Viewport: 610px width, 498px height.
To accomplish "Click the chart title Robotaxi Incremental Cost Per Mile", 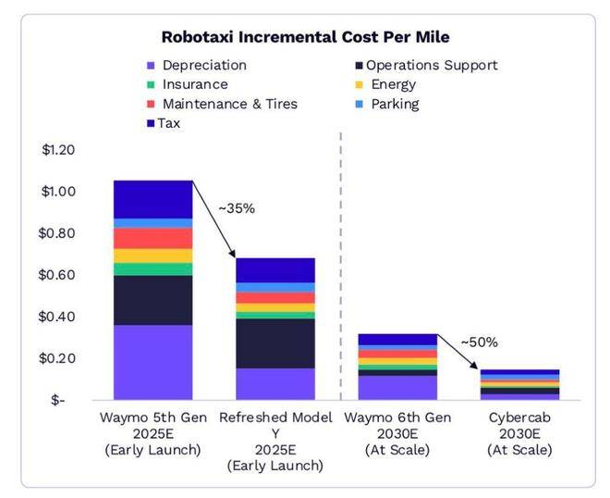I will point(305,38).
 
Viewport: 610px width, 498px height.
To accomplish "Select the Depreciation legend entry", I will point(203,66).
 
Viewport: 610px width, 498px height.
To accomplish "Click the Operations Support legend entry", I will point(431,66).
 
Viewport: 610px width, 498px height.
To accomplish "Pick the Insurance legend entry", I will point(194,84).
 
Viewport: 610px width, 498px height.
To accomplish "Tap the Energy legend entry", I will point(394,84).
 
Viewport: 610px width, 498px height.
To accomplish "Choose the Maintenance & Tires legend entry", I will point(229,104).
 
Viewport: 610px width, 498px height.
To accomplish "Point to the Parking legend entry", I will point(396,104).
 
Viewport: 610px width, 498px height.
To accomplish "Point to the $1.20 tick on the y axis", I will point(58,150).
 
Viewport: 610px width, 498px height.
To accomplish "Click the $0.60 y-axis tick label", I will point(58,275).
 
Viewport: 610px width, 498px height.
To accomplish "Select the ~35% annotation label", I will point(236,208).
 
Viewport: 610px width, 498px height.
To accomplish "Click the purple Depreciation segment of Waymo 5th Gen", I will point(152,362).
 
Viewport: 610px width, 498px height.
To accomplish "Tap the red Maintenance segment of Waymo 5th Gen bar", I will point(152,238).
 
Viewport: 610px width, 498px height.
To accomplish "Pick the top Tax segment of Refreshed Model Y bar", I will point(274,270).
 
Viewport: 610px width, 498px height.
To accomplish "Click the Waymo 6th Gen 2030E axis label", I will point(396,433).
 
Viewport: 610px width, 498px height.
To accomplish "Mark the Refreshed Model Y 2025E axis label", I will point(274,441).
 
